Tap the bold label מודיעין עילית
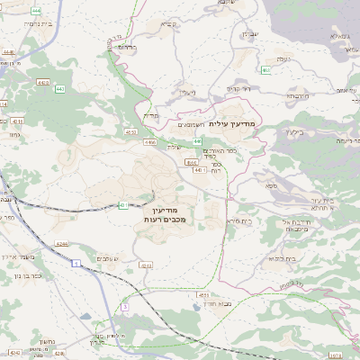(233, 122)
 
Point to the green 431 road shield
(122, 205)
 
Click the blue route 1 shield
(78, 263)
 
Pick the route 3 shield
(126, 307)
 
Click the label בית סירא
(239, 220)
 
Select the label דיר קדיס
(238, 90)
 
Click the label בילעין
(292, 131)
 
